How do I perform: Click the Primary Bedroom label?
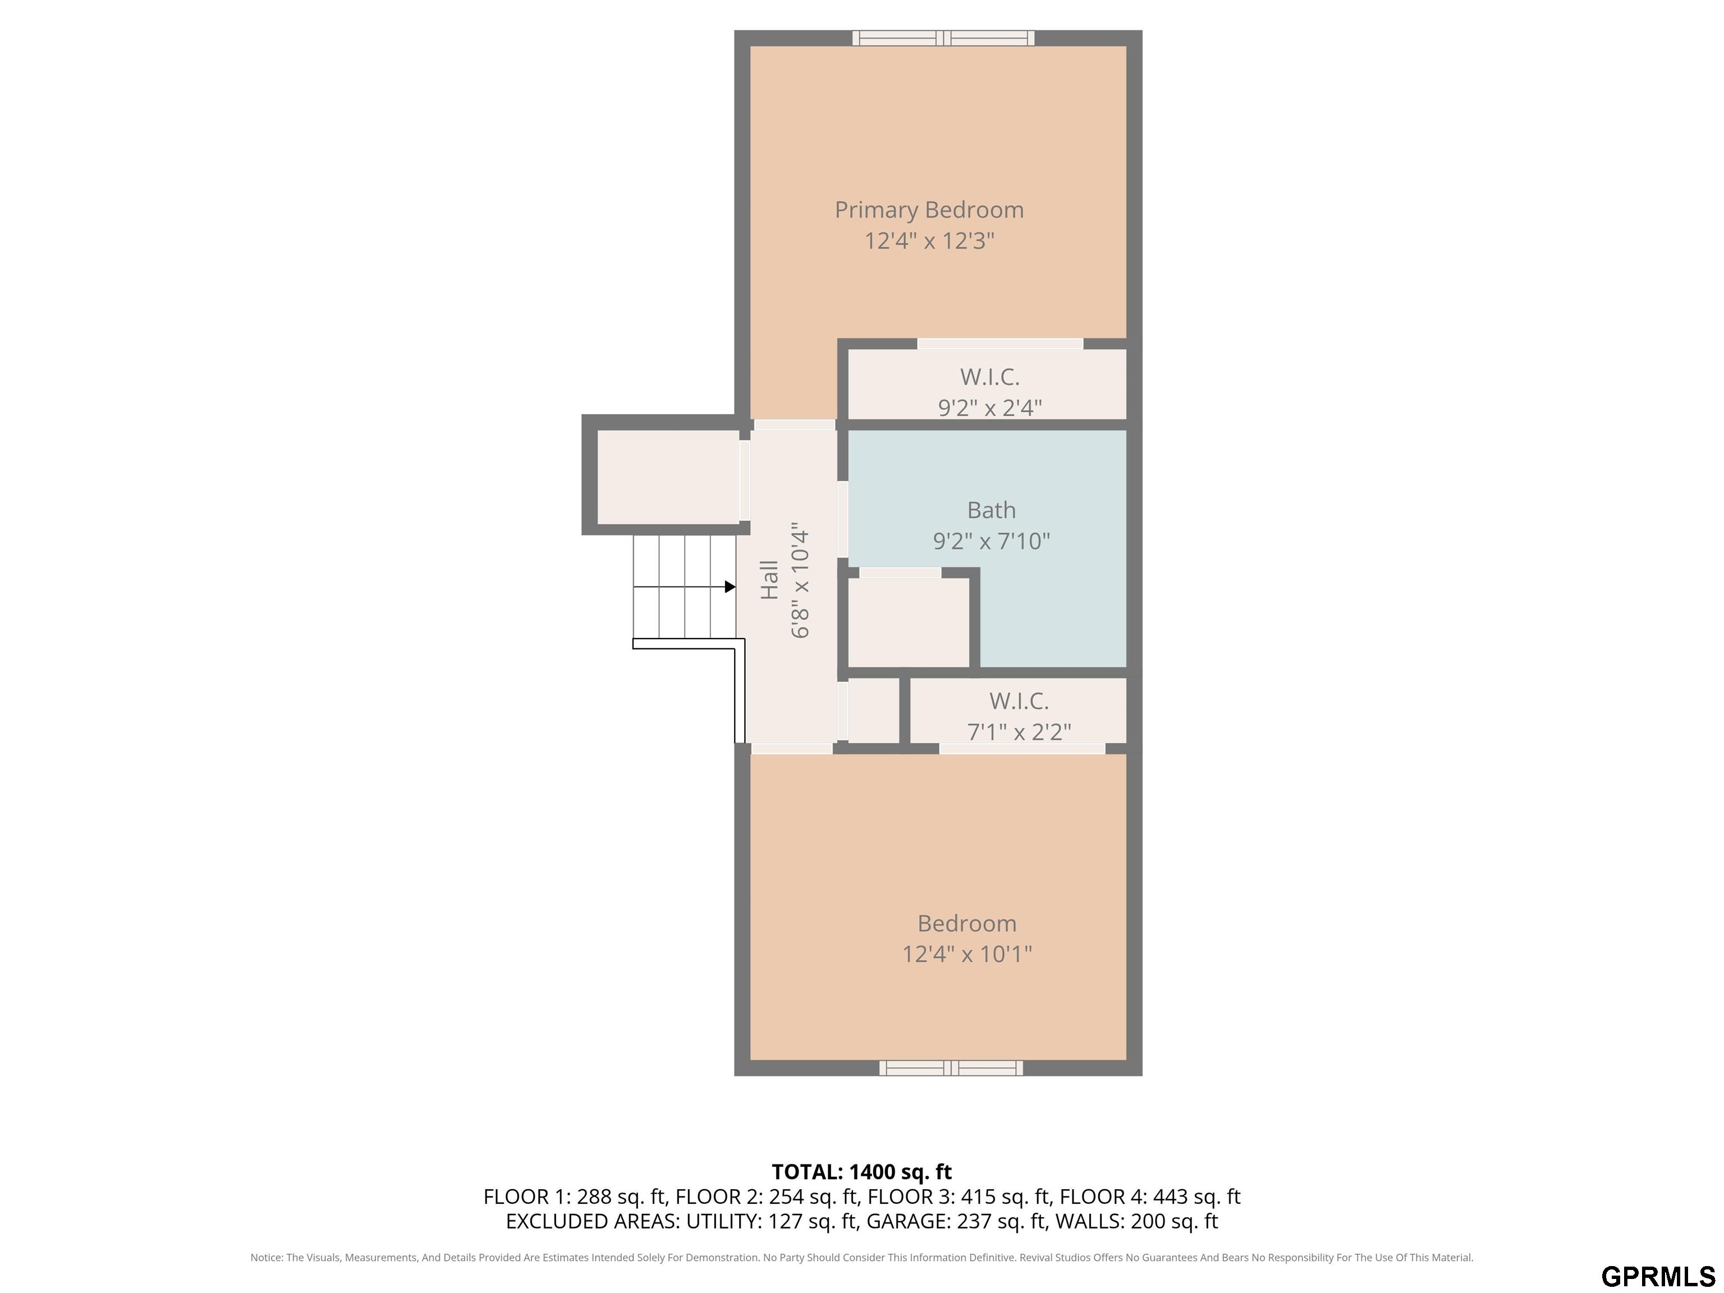[x=929, y=210]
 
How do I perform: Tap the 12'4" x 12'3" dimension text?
[x=929, y=241]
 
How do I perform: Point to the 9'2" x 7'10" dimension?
[x=992, y=541]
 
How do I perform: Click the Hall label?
[x=769, y=580]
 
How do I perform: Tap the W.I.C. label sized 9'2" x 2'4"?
[x=990, y=377]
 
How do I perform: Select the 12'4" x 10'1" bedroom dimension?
[x=967, y=954]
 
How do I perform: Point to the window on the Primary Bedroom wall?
[x=943, y=38]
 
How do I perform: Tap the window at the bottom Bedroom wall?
[x=951, y=1068]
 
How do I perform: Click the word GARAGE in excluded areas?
[x=908, y=1221]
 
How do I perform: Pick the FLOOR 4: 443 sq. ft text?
[x=1149, y=1196]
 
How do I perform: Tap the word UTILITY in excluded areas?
[x=722, y=1221]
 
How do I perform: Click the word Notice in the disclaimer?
[x=267, y=1257]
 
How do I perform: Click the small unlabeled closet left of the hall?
[x=668, y=477]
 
